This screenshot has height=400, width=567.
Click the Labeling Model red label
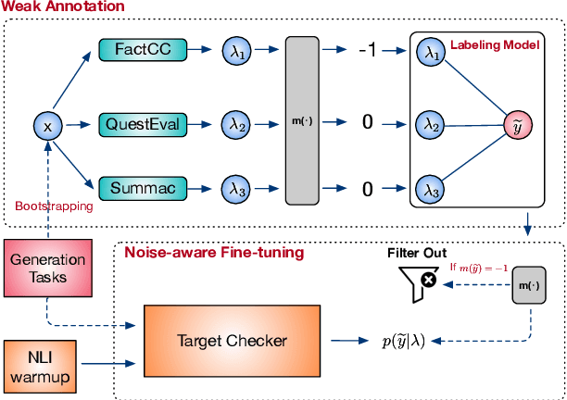coord(493,44)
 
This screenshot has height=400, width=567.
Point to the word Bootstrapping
coord(54,206)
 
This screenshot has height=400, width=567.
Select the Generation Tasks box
coord(48,268)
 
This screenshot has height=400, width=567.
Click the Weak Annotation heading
coord(62,7)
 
